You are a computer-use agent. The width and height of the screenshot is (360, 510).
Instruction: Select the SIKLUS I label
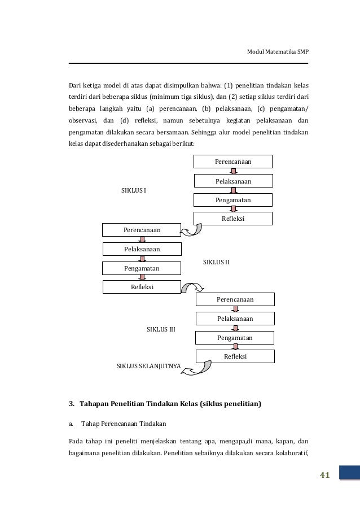(134, 190)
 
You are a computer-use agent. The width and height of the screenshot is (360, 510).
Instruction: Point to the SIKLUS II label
(216, 263)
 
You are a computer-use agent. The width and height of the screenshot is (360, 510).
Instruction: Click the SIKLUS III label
(161, 329)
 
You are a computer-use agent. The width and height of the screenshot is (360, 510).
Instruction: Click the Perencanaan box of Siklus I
(233, 162)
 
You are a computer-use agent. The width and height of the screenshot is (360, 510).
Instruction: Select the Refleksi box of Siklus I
(233, 219)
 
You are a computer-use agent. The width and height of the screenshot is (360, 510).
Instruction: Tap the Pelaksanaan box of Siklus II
(142, 249)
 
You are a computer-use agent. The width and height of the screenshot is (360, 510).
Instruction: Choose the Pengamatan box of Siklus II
(142, 268)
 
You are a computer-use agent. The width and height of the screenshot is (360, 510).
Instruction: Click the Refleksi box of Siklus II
(142, 287)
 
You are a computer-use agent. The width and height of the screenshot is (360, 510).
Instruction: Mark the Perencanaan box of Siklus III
(235, 299)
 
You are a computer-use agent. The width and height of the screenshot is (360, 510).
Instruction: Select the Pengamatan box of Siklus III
(235, 338)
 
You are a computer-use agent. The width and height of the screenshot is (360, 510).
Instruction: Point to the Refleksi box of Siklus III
(235, 356)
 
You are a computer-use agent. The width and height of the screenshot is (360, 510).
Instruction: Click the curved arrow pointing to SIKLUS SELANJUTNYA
(201, 365)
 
